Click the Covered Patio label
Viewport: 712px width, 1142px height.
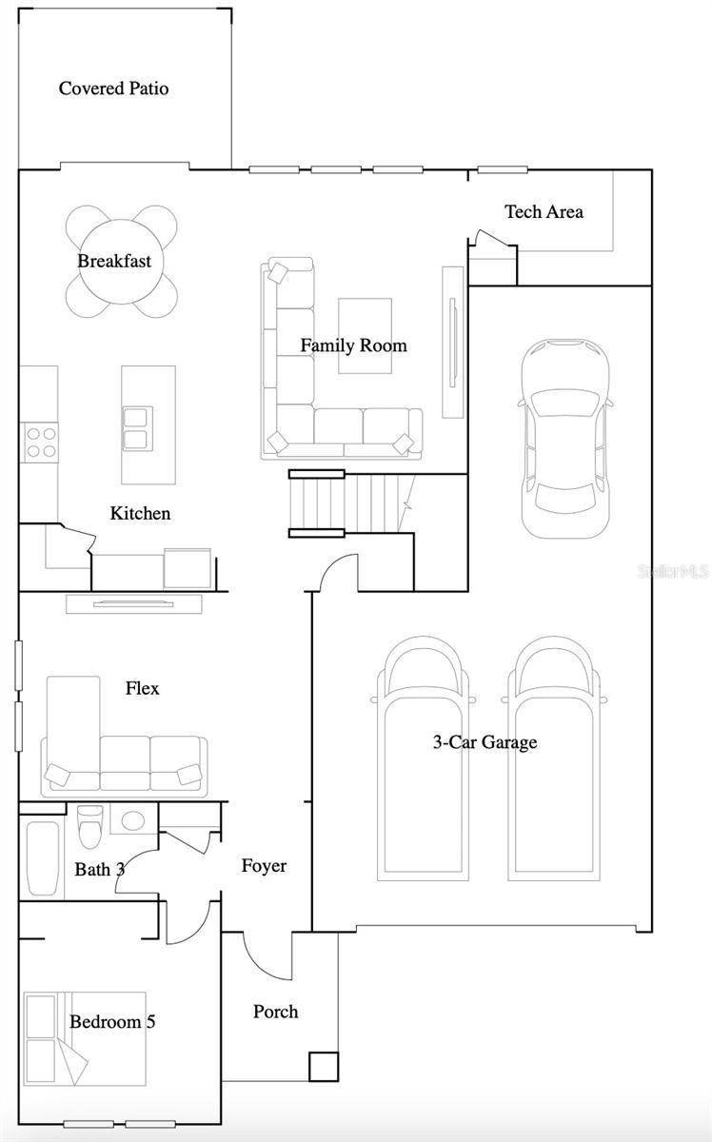[113, 89]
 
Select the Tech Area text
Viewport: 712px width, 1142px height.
[544, 211]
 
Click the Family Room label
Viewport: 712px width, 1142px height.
[353, 345]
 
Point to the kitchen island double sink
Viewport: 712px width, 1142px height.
[135, 427]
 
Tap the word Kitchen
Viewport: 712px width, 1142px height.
[140, 513]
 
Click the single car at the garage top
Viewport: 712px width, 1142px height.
[564, 438]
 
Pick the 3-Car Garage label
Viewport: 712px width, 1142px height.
[485, 742]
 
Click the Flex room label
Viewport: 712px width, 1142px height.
[142, 688]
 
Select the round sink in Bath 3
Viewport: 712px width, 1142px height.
[132, 819]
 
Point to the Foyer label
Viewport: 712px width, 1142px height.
[263, 866]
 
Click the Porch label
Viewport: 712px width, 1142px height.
[275, 1012]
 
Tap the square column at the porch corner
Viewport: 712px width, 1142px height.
[323, 1066]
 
